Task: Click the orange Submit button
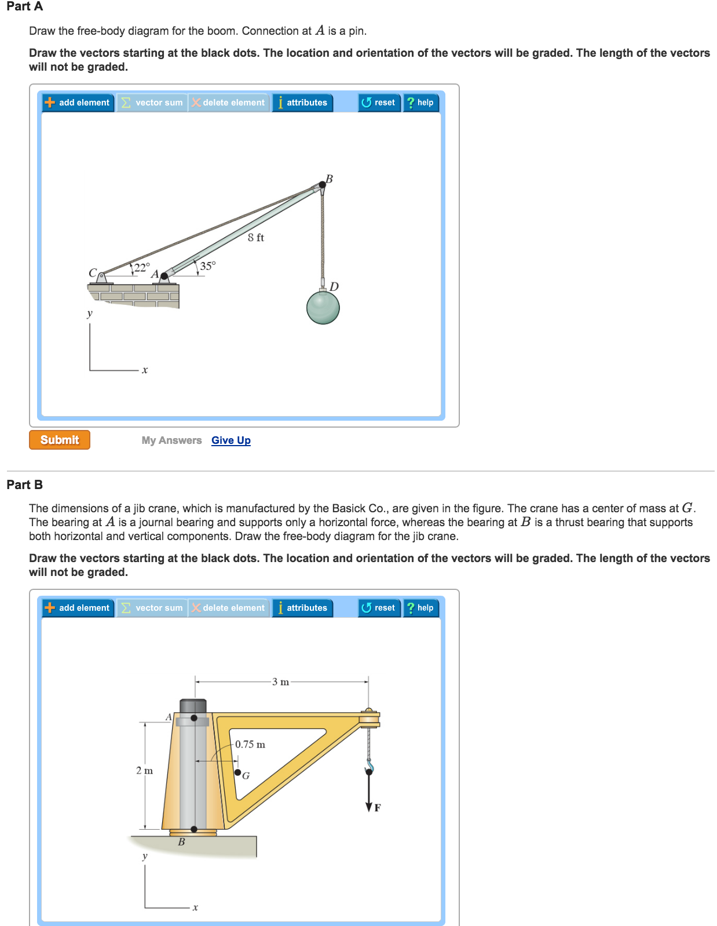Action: [x=60, y=440]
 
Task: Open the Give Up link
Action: [x=231, y=440]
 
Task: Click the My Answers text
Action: [x=171, y=440]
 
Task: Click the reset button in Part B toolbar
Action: [x=379, y=608]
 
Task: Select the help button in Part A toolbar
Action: [x=420, y=103]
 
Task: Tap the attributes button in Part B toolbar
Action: [x=302, y=608]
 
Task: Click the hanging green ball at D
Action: [x=323, y=307]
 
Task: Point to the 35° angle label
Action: [x=207, y=266]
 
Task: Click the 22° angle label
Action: [x=142, y=268]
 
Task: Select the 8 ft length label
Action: [x=255, y=238]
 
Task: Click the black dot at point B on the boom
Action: [x=322, y=185]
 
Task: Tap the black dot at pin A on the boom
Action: [x=164, y=276]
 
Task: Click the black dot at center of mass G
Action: [x=237, y=772]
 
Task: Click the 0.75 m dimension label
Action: [x=250, y=745]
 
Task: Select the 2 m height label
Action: [x=144, y=771]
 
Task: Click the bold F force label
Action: [x=378, y=808]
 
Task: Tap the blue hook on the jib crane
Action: [x=369, y=768]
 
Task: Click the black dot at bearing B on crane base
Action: [x=194, y=829]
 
